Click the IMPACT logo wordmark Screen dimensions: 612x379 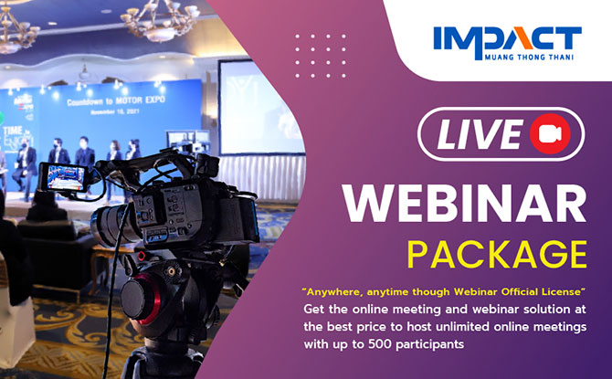(507, 38)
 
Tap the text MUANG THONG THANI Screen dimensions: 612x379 (529, 58)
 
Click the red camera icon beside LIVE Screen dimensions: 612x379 (550, 133)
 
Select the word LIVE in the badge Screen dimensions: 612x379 (480, 134)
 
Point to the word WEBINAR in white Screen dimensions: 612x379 (464, 204)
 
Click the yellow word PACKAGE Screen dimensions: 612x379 (497, 255)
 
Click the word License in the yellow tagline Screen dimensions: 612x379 (561, 292)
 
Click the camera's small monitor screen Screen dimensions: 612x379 (66, 177)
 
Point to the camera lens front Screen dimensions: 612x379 (102, 226)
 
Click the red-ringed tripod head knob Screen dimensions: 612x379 (141, 299)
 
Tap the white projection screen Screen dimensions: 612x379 (259, 108)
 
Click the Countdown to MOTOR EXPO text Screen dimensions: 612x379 (116, 100)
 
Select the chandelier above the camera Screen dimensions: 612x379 (161, 19)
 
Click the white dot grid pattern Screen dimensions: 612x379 (321, 56)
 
